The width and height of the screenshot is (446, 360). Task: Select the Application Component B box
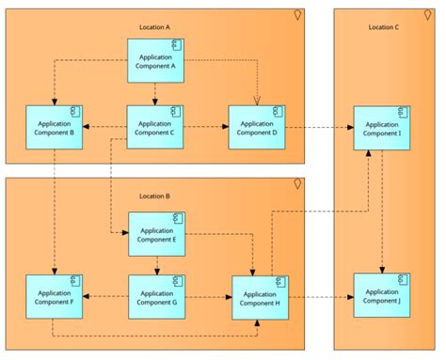coord(55,128)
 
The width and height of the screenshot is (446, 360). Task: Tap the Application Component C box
coord(155,128)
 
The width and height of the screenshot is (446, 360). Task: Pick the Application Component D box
coord(256,128)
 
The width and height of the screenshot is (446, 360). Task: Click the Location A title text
coord(154,27)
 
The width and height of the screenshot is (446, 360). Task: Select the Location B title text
coord(154,196)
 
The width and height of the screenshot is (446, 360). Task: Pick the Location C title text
coord(383,27)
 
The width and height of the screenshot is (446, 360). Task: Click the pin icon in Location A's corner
coord(298,14)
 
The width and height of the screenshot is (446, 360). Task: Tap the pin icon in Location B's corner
coord(298,183)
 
